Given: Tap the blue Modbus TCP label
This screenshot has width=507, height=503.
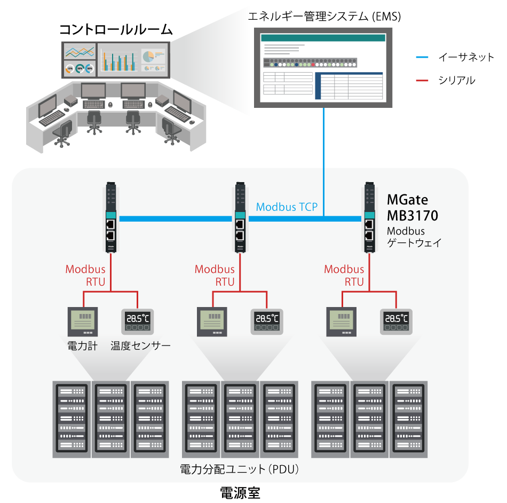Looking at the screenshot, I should coord(287,207).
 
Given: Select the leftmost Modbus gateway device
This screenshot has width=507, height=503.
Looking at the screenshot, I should coord(111,219).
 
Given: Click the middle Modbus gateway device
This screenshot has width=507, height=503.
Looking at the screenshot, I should coord(240,219).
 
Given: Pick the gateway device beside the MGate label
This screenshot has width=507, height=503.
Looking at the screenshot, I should coord(369,219).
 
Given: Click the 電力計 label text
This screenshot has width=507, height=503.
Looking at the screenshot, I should coord(82,346).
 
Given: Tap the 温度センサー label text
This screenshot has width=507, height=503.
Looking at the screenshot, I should coord(140,346).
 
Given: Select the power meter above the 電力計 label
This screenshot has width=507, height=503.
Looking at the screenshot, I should coord(83,322).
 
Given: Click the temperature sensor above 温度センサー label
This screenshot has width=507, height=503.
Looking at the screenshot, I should coord(138,321).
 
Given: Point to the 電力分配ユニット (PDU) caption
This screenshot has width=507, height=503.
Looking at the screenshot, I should coord(240,470).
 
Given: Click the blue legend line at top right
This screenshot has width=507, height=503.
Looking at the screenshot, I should coord(422,57).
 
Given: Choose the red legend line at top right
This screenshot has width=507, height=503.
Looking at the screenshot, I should coord(422,81).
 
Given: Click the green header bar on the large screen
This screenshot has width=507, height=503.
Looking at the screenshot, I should coord(323,38).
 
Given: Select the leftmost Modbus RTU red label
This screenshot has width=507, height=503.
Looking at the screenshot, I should coord(85,276).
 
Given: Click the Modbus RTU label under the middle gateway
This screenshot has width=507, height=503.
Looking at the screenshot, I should coord(215,276).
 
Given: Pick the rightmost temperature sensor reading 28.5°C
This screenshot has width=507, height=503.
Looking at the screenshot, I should coord(397,321).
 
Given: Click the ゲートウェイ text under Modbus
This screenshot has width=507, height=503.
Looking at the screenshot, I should coord(414,243).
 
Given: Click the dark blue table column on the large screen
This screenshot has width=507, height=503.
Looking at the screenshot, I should coord(319,86).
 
